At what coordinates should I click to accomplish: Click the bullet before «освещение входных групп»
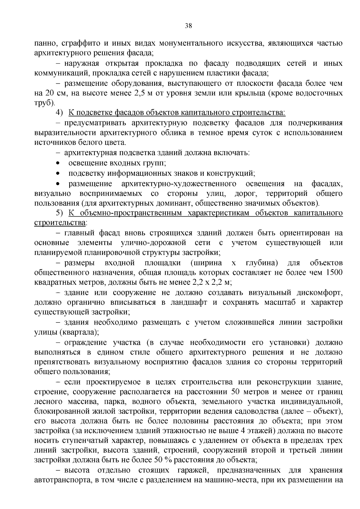click(x=58, y=163)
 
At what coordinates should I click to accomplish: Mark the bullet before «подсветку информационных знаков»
click(x=58, y=173)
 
